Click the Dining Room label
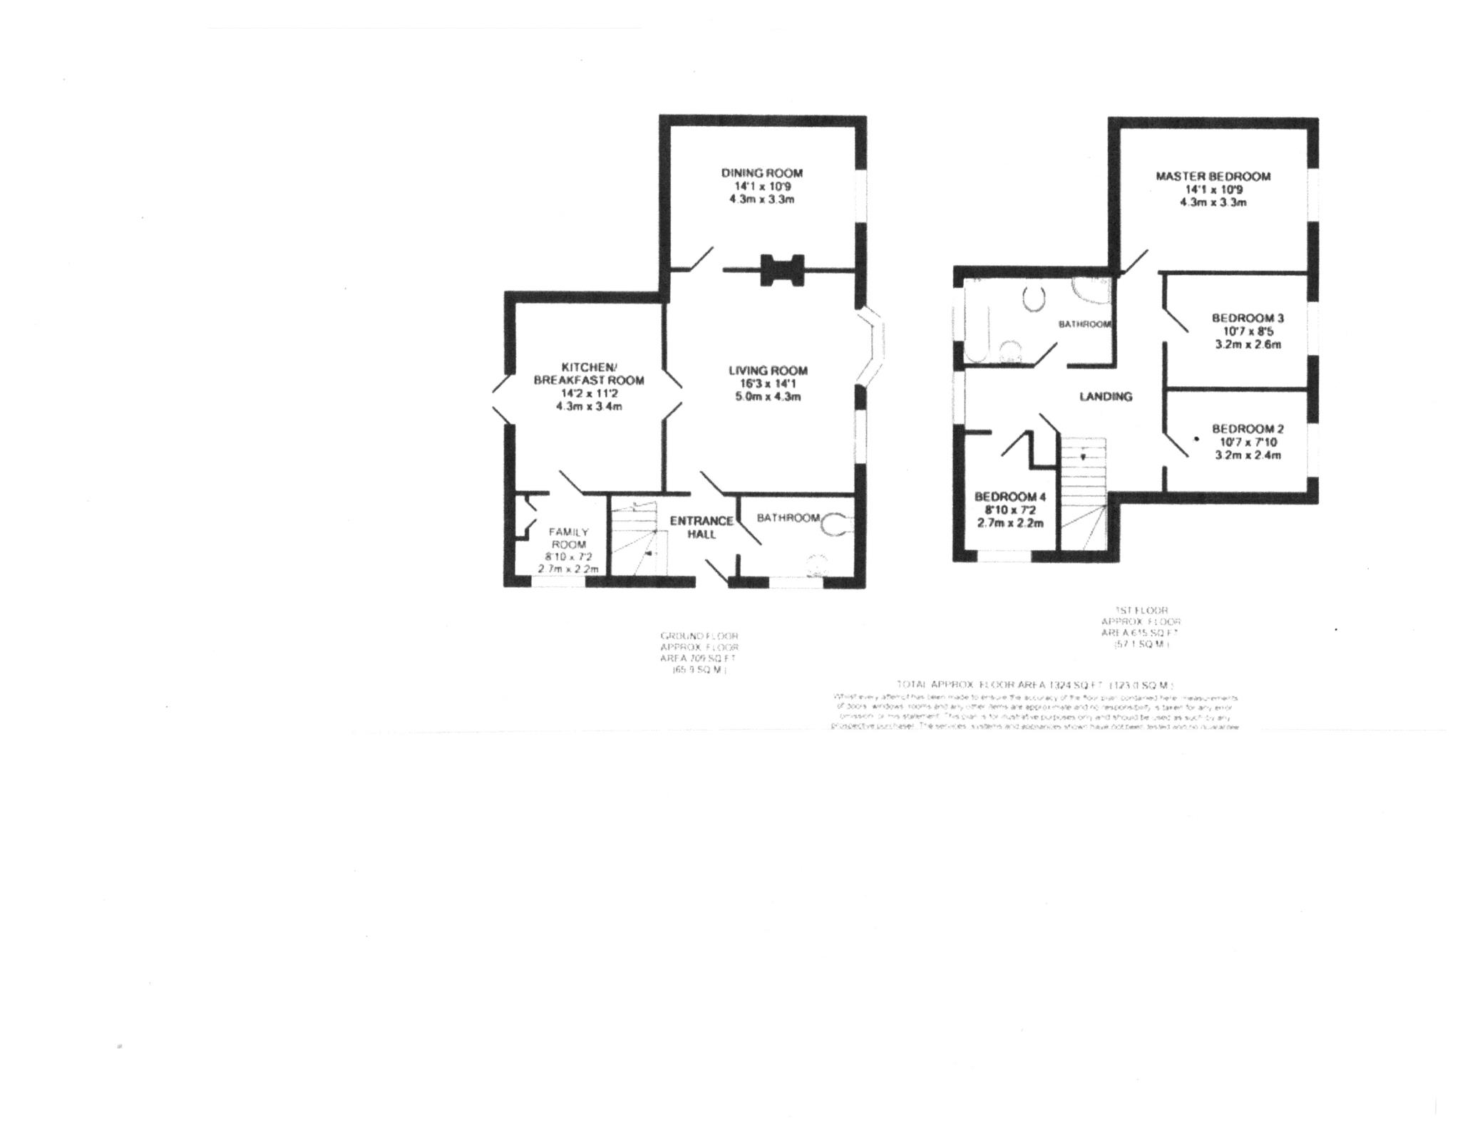coord(761,173)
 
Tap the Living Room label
coord(768,371)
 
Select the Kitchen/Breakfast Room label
coord(588,373)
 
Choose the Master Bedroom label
coord(1213,176)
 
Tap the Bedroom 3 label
coord(1248,318)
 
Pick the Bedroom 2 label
coord(1248,429)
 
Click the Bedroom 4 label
coord(1009,497)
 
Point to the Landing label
coord(1106,397)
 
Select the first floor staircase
coord(1082,492)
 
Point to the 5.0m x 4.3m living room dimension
coord(768,396)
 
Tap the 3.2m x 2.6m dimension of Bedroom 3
coord(1248,344)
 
